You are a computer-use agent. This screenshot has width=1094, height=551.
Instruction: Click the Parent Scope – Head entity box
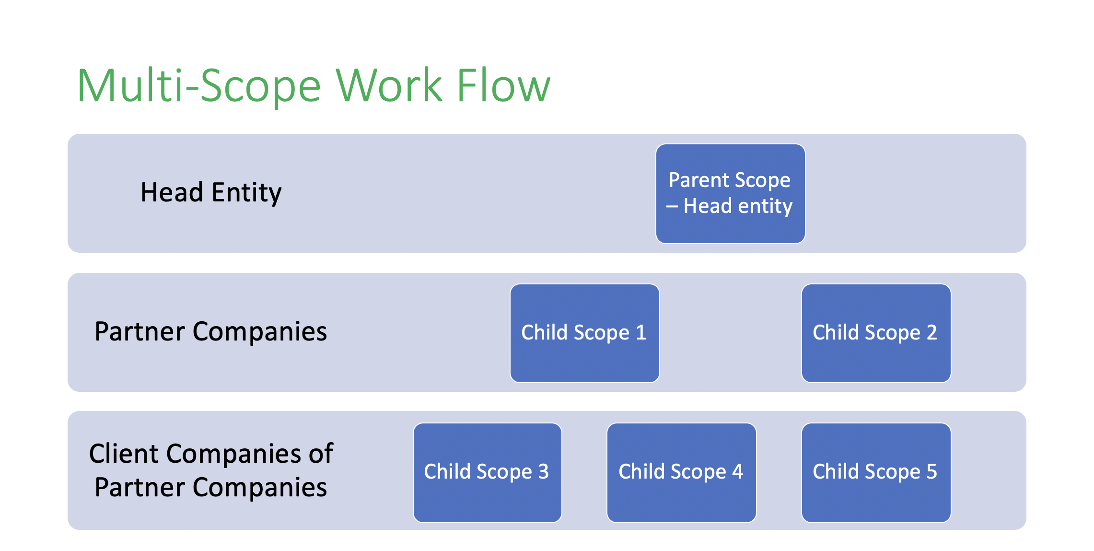(730, 194)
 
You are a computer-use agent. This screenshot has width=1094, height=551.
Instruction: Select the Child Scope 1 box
(584, 333)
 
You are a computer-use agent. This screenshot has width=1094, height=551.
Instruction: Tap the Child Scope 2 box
(876, 333)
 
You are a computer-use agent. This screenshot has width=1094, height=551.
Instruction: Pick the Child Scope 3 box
(487, 472)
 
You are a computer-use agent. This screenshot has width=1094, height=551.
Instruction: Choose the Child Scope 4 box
(681, 472)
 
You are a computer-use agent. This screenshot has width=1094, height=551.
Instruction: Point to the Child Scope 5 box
(876, 472)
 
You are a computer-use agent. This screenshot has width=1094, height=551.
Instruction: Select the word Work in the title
(389, 85)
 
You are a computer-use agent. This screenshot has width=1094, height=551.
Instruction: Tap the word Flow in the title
(504, 85)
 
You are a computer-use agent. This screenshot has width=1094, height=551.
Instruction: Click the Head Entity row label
(211, 193)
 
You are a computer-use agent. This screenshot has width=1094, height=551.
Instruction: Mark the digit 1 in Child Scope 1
(641, 332)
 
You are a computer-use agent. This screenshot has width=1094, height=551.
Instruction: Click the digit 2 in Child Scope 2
(931, 332)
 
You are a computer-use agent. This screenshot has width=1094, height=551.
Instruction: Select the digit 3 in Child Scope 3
(543, 471)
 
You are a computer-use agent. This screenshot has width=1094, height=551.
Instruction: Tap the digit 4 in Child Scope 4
(737, 471)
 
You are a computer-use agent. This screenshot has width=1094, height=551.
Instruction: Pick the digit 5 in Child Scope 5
(931, 471)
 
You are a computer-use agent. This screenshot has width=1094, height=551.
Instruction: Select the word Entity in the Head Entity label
(246, 193)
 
